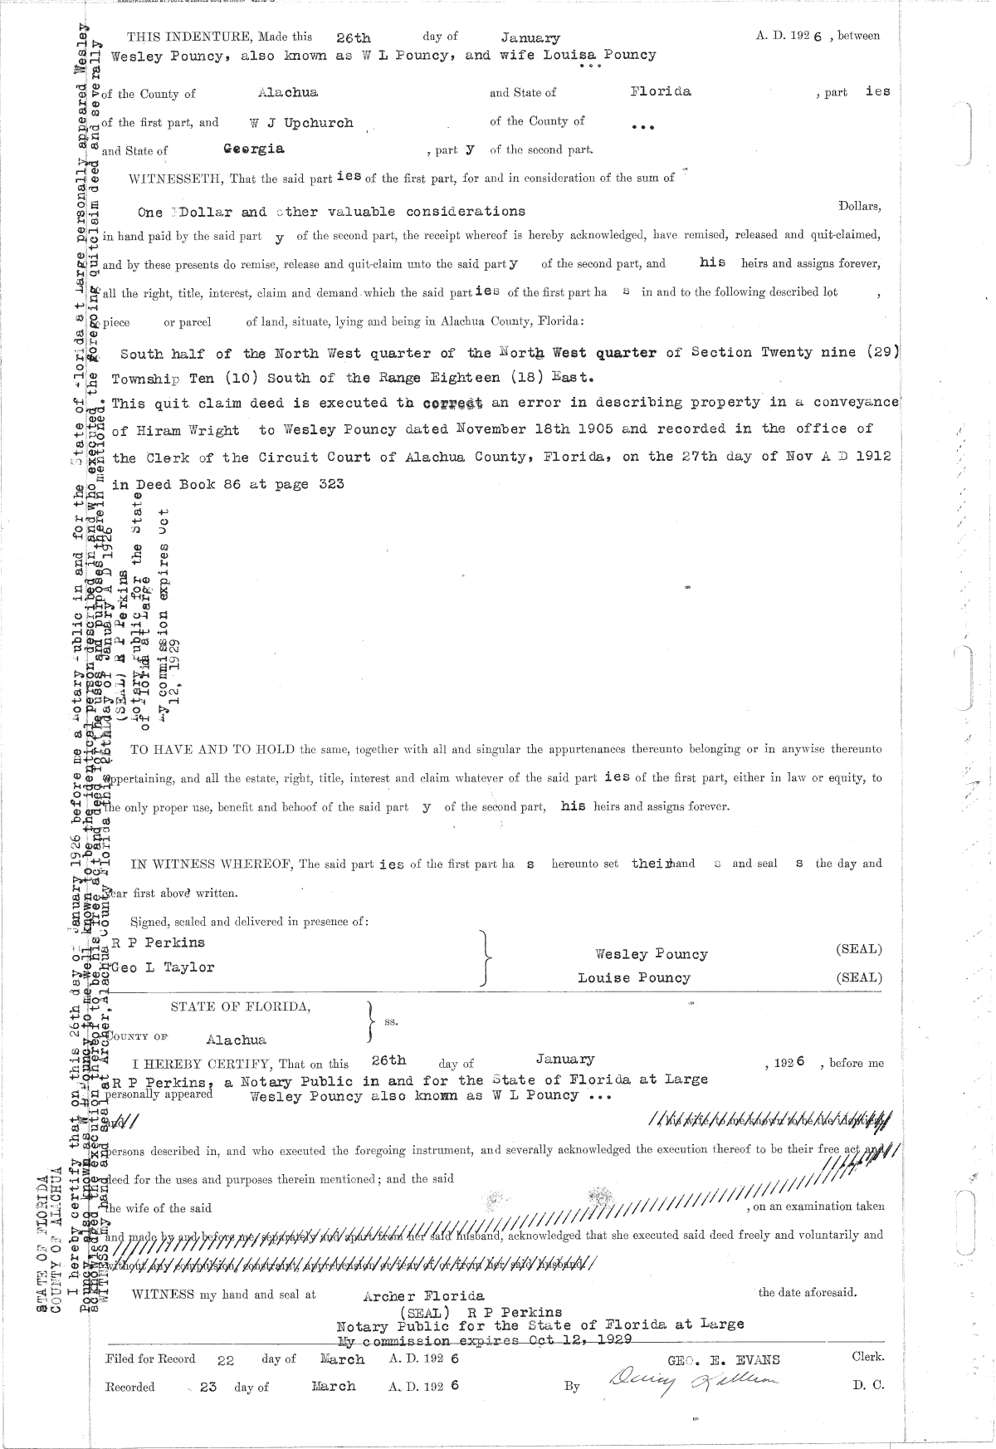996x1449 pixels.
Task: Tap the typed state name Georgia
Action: (254, 149)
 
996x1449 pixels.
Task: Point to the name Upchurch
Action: (321, 123)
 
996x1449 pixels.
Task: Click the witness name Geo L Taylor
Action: (163, 967)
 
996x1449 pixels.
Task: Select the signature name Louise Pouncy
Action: (633, 977)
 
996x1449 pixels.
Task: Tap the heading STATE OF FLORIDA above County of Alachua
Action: (241, 1006)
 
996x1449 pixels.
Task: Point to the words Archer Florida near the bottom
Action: (424, 1296)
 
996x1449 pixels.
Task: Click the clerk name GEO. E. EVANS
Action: (724, 1360)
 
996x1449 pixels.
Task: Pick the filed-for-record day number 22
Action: (226, 1360)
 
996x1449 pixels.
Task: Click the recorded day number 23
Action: (207, 1387)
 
